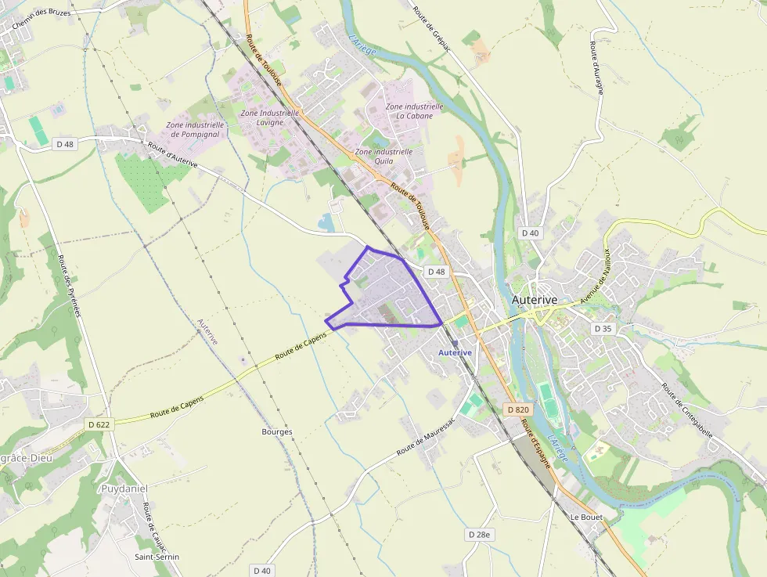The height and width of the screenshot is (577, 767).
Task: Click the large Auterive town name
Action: click(x=534, y=300)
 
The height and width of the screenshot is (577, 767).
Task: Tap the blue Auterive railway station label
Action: click(x=455, y=353)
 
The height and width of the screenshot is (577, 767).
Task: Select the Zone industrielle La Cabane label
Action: click(x=414, y=111)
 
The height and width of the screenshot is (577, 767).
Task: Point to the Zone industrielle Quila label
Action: click(x=383, y=156)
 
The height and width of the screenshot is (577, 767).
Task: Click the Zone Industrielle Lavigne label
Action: click(x=269, y=117)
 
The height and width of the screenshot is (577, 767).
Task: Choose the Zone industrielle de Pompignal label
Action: click(x=195, y=129)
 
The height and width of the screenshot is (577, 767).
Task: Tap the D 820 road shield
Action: click(x=518, y=409)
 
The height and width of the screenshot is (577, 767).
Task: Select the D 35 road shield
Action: click(x=602, y=329)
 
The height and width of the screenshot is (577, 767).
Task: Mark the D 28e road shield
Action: click(x=480, y=534)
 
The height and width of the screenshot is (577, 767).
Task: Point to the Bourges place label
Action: click(x=277, y=431)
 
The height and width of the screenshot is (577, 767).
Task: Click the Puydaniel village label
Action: click(x=124, y=488)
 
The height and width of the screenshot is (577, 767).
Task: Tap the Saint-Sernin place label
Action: click(x=157, y=557)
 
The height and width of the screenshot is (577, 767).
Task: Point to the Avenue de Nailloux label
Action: click(x=595, y=277)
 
